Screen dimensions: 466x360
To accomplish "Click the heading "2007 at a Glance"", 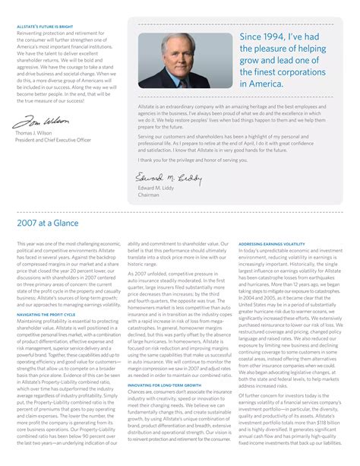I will click(x=48, y=223).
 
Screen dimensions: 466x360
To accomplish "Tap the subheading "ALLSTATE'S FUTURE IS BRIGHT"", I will click(x=46, y=27).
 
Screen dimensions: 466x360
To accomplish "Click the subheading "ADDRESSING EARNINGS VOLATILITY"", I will click(x=272, y=244).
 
